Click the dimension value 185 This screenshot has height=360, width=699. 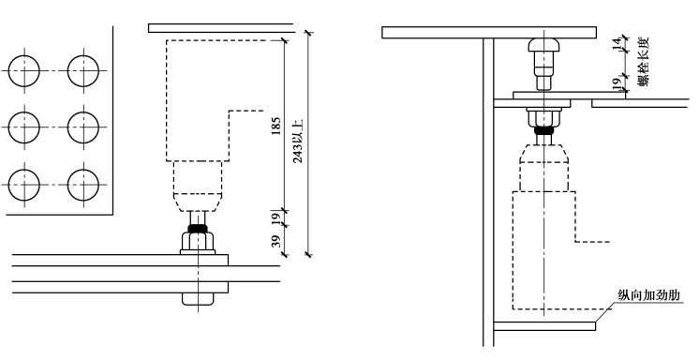[x=275, y=126]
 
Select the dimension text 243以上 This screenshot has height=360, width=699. [x=298, y=141]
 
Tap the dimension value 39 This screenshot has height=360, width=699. [x=276, y=241]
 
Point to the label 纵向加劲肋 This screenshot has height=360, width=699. [x=648, y=295]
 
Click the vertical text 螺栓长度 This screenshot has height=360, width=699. [x=644, y=62]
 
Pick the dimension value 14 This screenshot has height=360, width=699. [x=617, y=43]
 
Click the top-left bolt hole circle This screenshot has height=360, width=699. [x=24, y=71]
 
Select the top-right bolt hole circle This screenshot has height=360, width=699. [x=83, y=71]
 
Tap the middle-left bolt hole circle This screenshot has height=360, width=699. [x=24, y=127]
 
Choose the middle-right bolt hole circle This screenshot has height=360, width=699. [x=83, y=127]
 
